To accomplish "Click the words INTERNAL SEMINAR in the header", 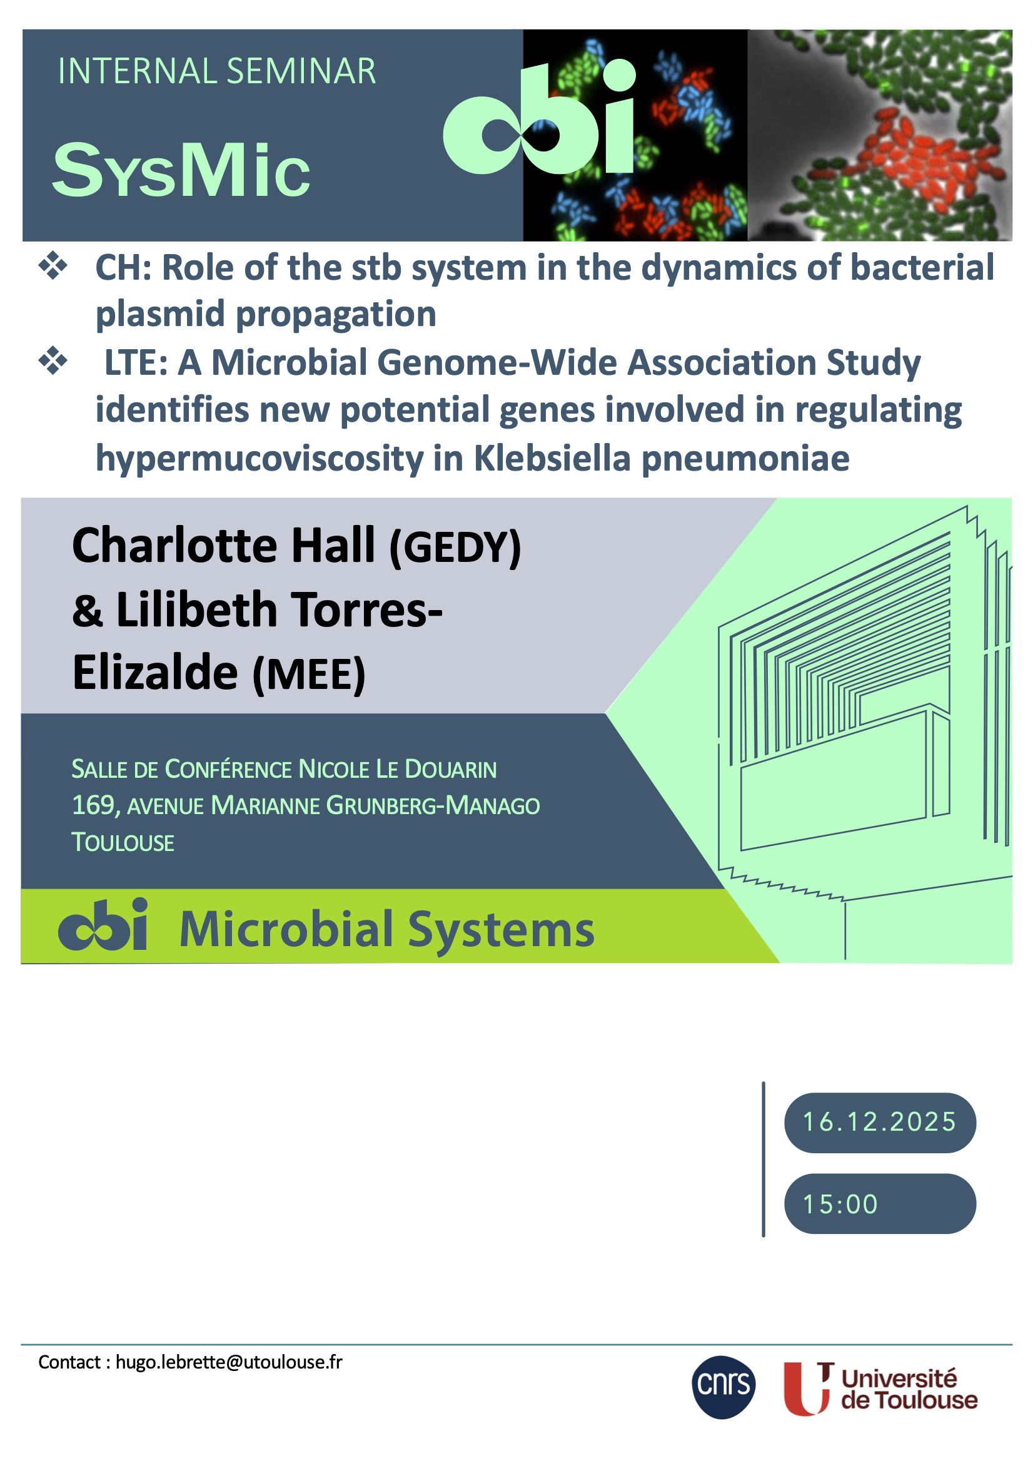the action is (216, 71).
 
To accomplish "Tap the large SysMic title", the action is (181, 170).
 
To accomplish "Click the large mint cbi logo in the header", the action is (540, 118).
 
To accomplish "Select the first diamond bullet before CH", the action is (54, 267).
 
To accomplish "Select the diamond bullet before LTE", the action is (54, 361).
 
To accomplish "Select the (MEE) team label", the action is (309, 675).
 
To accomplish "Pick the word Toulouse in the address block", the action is (123, 842).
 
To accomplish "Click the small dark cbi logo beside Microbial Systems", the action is (103, 924).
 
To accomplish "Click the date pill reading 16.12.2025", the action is (880, 1122).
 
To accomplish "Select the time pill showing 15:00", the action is (880, 1204).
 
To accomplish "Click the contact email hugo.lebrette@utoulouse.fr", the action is (229, 1362).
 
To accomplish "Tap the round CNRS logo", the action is (723, 1387).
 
